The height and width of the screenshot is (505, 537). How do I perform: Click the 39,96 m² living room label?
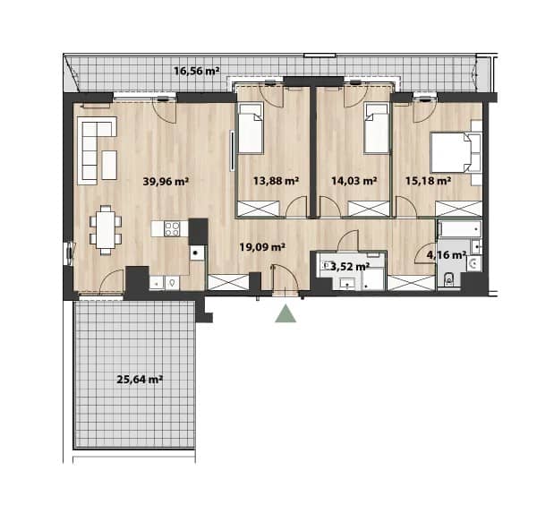(166, 181)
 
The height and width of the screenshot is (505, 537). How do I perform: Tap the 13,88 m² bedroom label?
(276, 181)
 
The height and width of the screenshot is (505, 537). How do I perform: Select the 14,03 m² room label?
(354, 181)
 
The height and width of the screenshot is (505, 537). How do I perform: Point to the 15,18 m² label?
(428, 181)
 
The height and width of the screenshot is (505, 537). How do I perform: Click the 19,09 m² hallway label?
(262, 246)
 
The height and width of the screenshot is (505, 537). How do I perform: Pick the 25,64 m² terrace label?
(140, 380)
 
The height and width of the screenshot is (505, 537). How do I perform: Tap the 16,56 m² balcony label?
(197, 71)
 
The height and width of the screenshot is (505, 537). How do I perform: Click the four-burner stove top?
(172, 229)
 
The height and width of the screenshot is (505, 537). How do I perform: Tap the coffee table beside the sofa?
(109, 165)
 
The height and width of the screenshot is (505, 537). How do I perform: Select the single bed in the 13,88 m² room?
(251, 127)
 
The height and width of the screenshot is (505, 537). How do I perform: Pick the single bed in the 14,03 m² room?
(377, 127)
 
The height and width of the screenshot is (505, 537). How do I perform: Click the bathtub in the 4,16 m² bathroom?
(460, 229)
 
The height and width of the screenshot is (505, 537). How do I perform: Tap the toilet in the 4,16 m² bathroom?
(448, 279)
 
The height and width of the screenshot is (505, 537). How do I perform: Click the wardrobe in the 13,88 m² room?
(259, 209)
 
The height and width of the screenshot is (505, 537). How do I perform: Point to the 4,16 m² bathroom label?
(447, 254)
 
